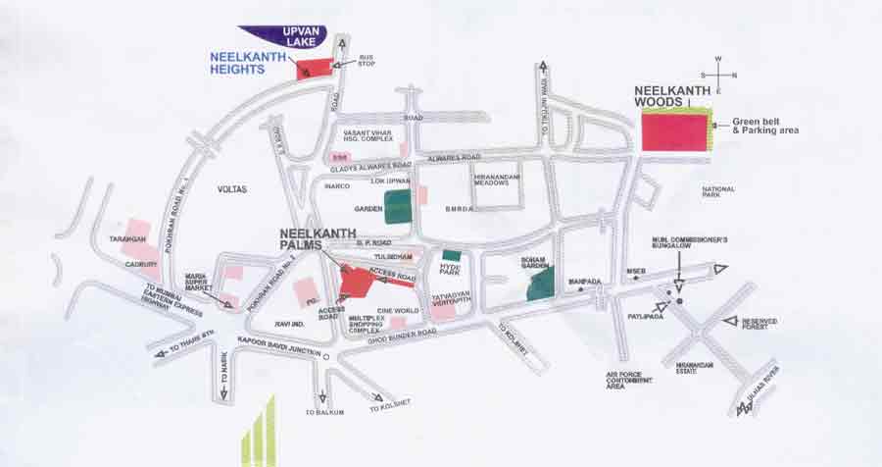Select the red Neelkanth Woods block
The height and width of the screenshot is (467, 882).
(674, 130)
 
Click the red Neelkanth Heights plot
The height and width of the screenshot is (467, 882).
(314, 68)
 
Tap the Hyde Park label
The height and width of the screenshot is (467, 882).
(448, 267)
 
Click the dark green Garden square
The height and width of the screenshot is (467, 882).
(398, 206)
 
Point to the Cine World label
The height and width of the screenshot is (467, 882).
(398, 310)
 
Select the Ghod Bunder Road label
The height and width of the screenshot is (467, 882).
(400, 335)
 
